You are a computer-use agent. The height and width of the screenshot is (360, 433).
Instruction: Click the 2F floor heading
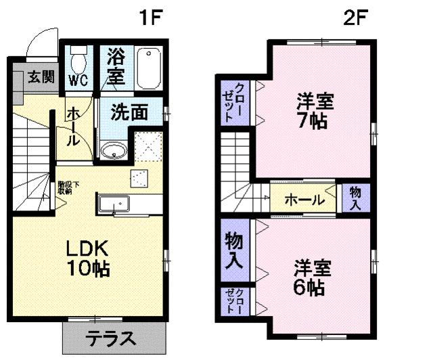point(355,17)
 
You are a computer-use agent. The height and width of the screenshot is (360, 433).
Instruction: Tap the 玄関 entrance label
point(41,76)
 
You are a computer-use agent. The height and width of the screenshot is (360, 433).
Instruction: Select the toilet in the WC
point(78,62)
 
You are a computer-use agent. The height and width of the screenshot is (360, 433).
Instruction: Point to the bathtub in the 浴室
point(147,68)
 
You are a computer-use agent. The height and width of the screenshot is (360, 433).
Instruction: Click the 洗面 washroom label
point(129,112)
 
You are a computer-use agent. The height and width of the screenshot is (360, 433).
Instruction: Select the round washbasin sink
point(112,150)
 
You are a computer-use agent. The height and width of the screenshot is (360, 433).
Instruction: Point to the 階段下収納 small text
point(65,187)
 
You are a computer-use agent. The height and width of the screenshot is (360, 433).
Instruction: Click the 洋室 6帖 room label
point(313,277)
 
